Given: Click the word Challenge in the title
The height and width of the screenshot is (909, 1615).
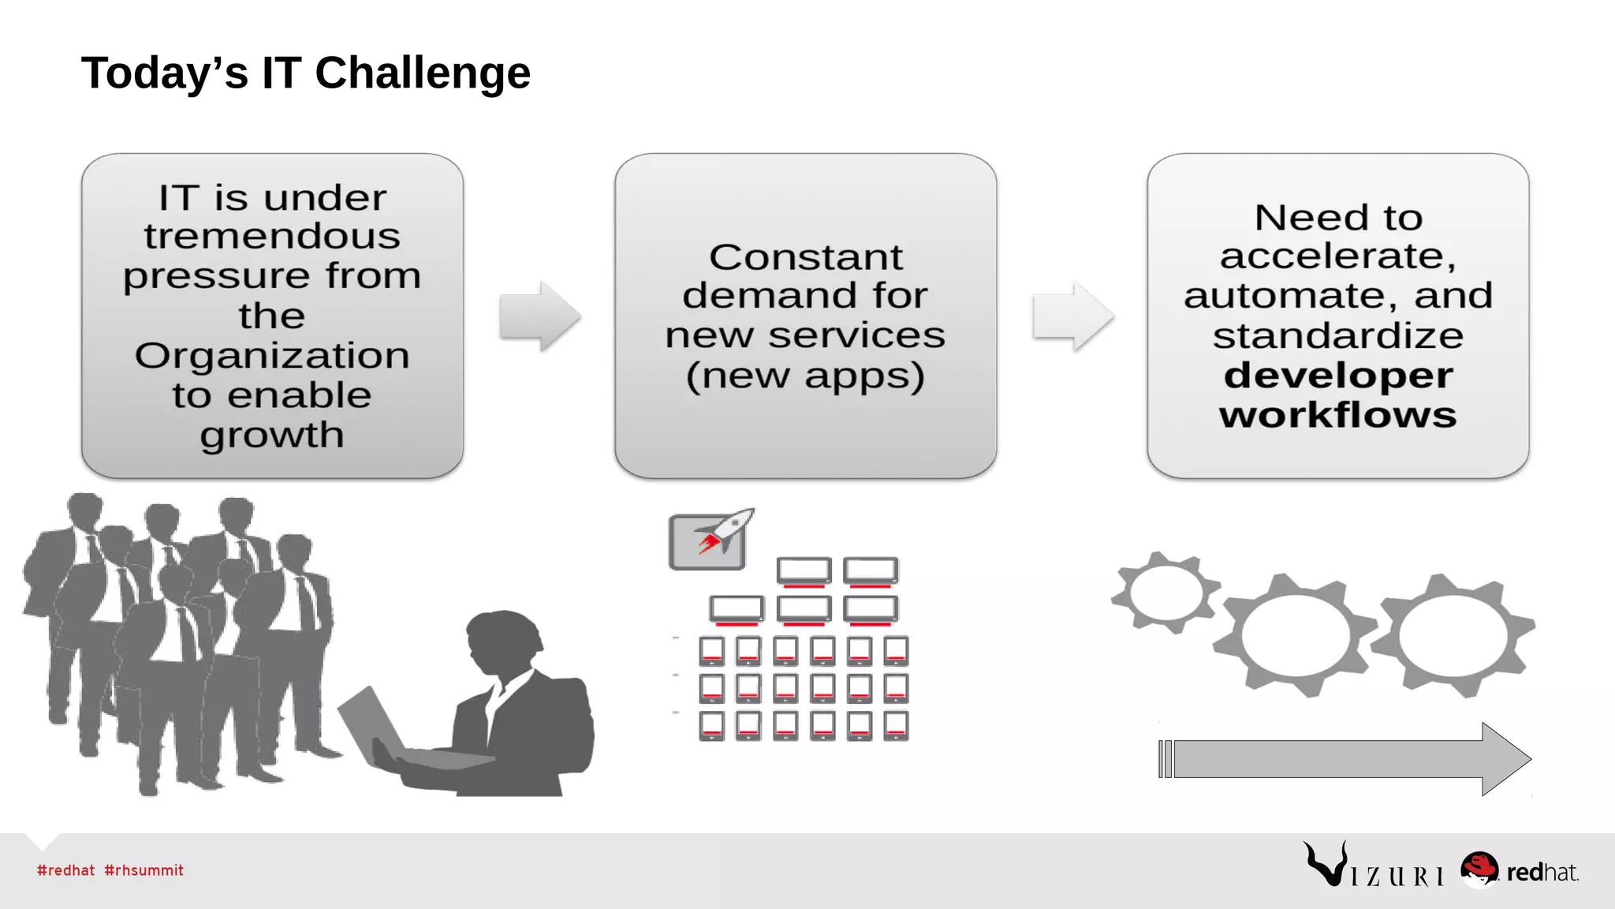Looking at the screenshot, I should coord(422,73).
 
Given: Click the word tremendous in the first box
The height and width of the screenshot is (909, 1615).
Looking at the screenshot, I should coord(272,236).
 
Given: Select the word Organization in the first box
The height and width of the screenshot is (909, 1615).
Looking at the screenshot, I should coord(272,355).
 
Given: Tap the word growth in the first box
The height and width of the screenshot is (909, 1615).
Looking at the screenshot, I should coord(272,435).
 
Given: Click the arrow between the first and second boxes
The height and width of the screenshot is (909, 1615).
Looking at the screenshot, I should coord(540,316).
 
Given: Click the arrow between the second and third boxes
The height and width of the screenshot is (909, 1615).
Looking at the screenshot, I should coord(1073,316).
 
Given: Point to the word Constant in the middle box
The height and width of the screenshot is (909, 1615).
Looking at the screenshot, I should coord(805,257).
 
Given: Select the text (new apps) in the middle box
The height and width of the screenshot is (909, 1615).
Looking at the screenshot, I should coord(805,376).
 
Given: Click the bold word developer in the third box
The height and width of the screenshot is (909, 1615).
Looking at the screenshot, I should coord(1338,375).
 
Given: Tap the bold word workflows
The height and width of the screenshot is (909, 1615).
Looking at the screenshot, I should coord(1338,415).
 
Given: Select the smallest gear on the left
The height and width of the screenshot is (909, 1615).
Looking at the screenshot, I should coord(1166,593).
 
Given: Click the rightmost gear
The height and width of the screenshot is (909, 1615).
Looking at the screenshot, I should coord(1453,635).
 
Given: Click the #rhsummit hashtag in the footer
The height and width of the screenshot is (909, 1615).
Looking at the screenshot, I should coord(144,870).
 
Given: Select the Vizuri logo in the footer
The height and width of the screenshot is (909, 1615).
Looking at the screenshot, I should coord(1373,866).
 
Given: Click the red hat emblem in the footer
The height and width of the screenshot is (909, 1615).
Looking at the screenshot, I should coord(1479,868).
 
